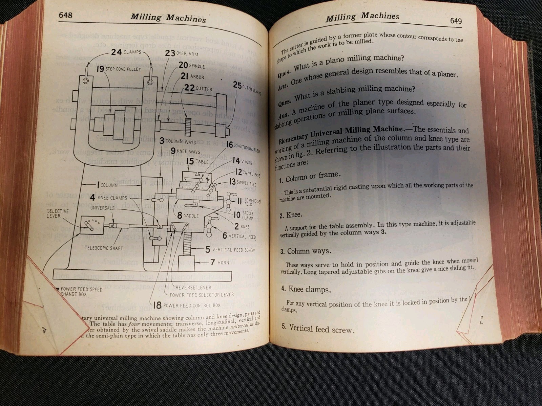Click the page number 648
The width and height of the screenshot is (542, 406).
[x=65, y=15]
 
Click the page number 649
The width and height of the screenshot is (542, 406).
[x=456, y=21]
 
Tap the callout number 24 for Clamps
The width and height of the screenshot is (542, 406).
[x=116, y=52]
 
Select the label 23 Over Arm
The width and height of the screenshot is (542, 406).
[x=182, y=53]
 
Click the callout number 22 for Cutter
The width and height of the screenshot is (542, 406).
[x=189, y=88]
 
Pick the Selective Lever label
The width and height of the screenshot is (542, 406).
[x=58, y=213]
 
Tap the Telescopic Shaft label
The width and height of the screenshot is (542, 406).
[x=104, y=248]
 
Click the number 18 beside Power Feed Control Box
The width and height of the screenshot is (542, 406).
[x=157, y=305]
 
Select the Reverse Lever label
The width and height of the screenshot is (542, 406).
[x=193, y=288]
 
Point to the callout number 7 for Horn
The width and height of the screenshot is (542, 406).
[x=212, y=262]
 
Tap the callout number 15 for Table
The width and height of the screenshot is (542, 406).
[x=190, y=161]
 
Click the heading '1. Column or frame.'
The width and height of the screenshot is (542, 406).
[x=310, y=177]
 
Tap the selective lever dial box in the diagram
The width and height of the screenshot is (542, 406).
[x=92, y=225]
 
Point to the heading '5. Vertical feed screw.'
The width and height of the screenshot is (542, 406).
[x=318, y=329]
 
